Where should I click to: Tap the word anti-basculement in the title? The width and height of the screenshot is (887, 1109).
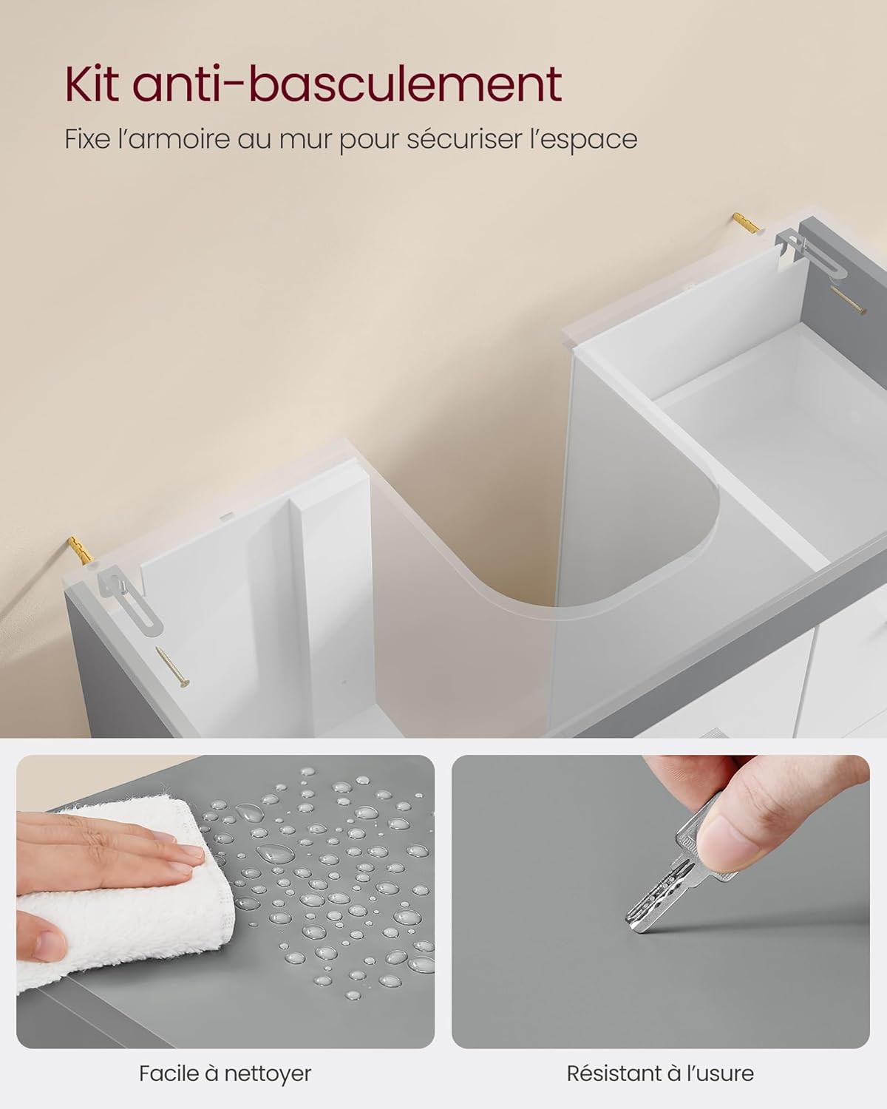coord(347,85)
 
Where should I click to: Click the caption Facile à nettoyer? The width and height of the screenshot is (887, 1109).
coord(225,1073)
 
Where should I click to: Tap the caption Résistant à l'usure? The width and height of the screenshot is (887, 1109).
coord(660,1073)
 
